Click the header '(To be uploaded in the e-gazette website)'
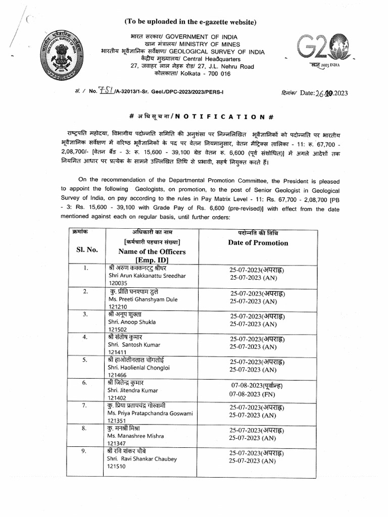click(x=191, y=22)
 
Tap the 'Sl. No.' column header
click(x=87, y=249)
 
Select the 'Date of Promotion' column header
click(x=258, y=243)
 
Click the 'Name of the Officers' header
click(x=152, y=251)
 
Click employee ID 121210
click(x=118, y=307)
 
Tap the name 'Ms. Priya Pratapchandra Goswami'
click(x=150, y=413)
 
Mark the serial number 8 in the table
click(x=85, y=428)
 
